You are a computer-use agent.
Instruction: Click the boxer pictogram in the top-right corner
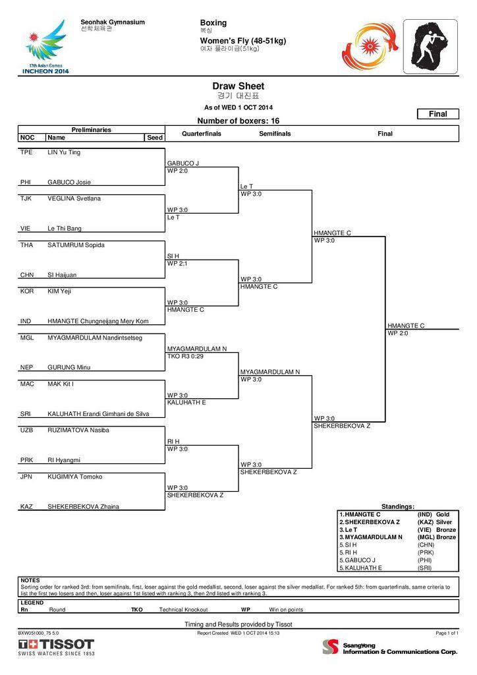(x=430, y=47)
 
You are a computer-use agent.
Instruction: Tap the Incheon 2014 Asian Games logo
(x=45, y=47)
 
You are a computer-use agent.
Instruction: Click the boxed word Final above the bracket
(x=438, y=113)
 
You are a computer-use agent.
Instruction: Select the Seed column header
(x=155, y=137)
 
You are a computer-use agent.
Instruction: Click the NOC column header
(x=27, y=137)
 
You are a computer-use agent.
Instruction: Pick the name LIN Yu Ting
(x=64, y=152)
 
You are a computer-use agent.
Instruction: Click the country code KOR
(x=26, y=291)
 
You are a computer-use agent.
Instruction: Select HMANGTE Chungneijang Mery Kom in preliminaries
(x=98, y=321)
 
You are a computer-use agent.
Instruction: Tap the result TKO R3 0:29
(x=185, y=356)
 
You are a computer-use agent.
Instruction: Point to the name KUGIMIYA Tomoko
(x=75, y=477)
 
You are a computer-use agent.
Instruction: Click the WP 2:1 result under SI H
(x=177, y=264)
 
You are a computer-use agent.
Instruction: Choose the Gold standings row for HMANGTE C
(x=398, y=514)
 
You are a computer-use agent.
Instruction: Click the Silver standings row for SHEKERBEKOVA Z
(x=398, y=522)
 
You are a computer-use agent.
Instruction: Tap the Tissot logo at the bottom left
(x=56, y=647)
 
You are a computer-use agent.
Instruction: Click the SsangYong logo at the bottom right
(x=389, y=647)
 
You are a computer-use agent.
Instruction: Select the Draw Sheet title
(x=238, y=86)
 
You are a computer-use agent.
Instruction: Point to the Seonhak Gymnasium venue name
(x=113, y=22)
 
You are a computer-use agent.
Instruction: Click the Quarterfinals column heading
(x=202, y=133)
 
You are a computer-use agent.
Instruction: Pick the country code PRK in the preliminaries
(x=26, y=459)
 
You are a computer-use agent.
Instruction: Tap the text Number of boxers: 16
(x=238, y=121)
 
